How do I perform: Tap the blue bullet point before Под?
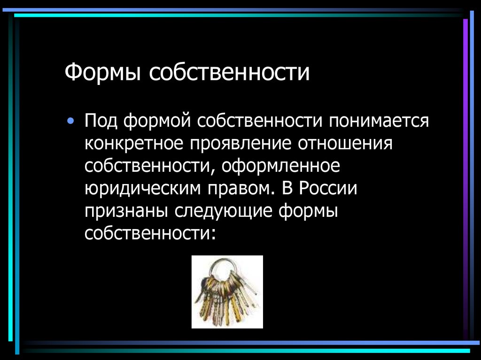point(70,121)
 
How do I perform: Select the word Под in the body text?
point(101,122)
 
